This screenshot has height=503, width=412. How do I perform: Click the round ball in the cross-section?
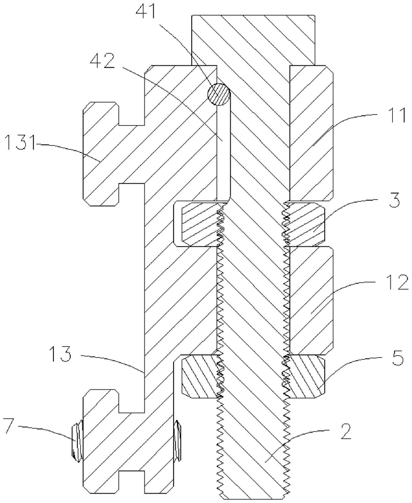[x=219, y=94]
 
